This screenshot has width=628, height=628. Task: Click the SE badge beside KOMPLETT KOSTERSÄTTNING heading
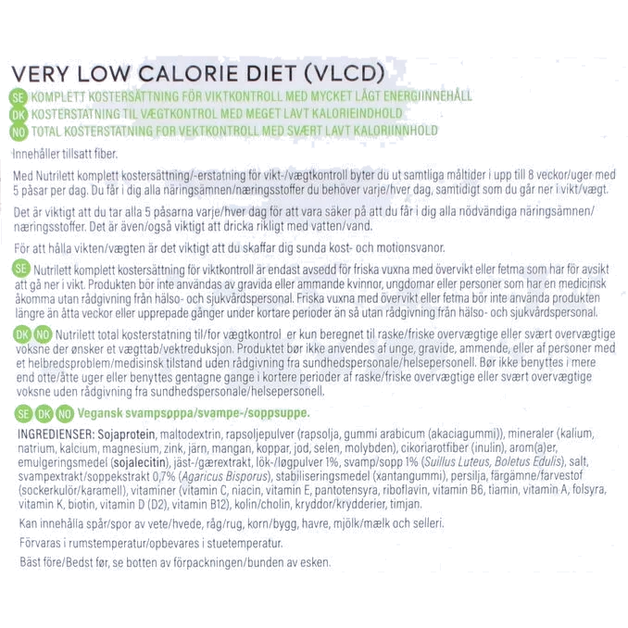tap(18, 97)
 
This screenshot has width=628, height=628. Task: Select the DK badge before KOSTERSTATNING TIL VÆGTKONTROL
tap(19, 115)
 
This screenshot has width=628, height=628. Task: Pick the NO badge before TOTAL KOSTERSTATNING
tap(19, 132)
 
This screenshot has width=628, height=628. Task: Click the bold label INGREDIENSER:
tap(57, 433)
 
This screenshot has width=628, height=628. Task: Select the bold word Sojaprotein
tap(127, 434)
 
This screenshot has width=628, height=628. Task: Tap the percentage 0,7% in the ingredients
tap(164, 477)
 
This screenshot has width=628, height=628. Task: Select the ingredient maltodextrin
tap(190, 434)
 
